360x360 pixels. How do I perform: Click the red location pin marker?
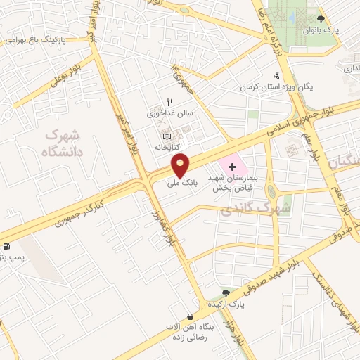[x=181, y=165]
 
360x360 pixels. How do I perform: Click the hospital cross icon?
[x=252, y=162]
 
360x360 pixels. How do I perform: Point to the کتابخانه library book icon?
[x=166, y=135]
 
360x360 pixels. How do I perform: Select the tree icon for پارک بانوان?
[x=321, y=20]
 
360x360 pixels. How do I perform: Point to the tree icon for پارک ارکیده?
[x=226, y=292]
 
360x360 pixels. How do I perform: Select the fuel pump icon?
[x=7, y=246]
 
